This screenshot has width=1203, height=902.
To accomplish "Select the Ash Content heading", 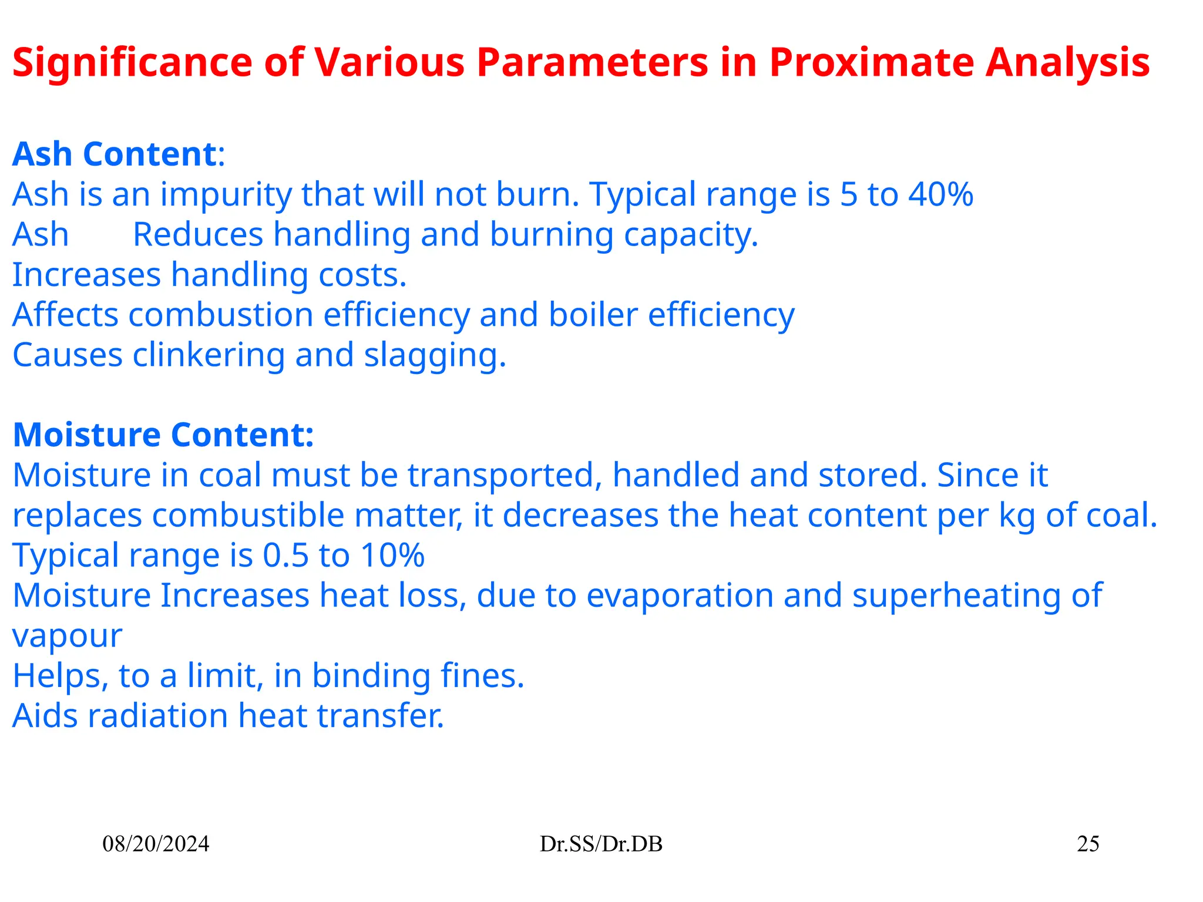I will pos(115,154).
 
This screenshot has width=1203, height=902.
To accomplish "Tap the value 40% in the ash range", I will pos(940,194).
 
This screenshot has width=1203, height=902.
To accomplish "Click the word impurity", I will pos(226,194).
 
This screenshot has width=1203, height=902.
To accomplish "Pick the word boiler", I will pos(593,315).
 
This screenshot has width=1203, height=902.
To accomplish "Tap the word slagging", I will pos(435,356).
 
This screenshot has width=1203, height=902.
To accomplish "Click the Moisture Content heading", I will pos(163,435).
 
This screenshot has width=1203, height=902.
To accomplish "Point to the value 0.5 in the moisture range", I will pos(285,555).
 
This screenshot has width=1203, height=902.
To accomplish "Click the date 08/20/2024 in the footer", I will pos(156,844).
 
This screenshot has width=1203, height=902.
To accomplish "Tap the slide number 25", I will pos(1088,844).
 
